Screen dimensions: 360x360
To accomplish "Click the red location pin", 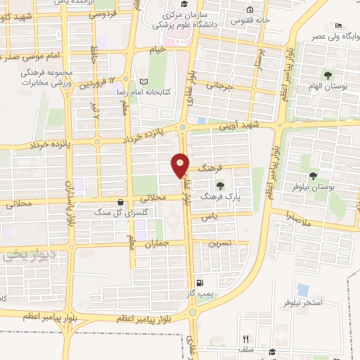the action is pyautogui.click(x=181, y=165).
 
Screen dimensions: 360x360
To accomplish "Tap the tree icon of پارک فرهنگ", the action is pyautogui.click(x=221, y=186).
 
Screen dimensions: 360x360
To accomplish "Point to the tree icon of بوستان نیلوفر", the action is pyautogui.click(x=313, y=176).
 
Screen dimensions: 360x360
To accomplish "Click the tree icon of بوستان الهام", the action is pyautogui.click(x=328, y=74).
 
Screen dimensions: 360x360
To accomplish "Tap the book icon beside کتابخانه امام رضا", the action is pyautogui.click(x=144, y=81).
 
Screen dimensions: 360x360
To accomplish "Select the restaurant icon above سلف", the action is pyautogui.click(x=245, y=340).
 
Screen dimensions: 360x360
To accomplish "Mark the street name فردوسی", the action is pyautogui.click(x=103, y=14).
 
